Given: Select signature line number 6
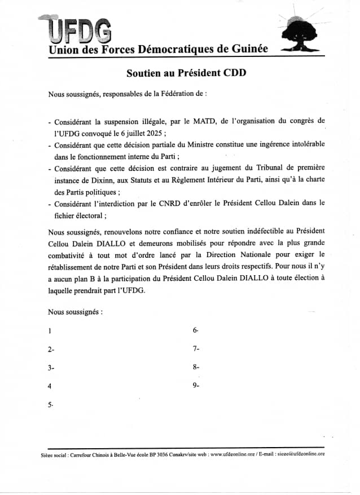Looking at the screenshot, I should pyautogui.click(x=195, y=330).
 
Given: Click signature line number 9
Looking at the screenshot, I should pyautogui.click(x=195, y=386).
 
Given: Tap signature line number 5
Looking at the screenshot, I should pyautogui.click(x=50, y=405).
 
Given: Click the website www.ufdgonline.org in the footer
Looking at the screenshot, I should pyautogui.click(x=233, y=454).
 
